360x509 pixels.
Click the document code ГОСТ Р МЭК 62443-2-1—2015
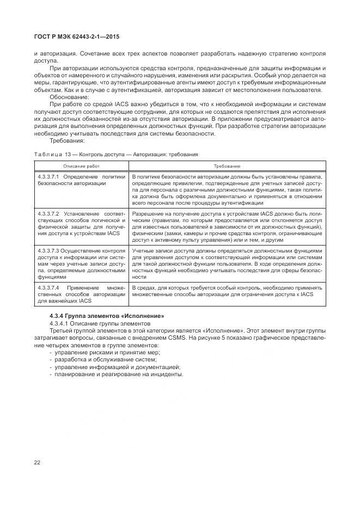pyautogui.click(x=76, y=37)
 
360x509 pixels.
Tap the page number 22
pyautogui.click(x=38, y=462)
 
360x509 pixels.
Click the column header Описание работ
pyautogui.click(x=81, y=165)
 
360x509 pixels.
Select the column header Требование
pyautogui.click(x=227, y=165)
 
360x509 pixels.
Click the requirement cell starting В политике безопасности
pyautogui.click(x=227, y=187)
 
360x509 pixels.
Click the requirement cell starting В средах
pyautogui.click(x=227, y=291)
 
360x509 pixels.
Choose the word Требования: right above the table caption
pyautogui.click(x=66, y=140)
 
